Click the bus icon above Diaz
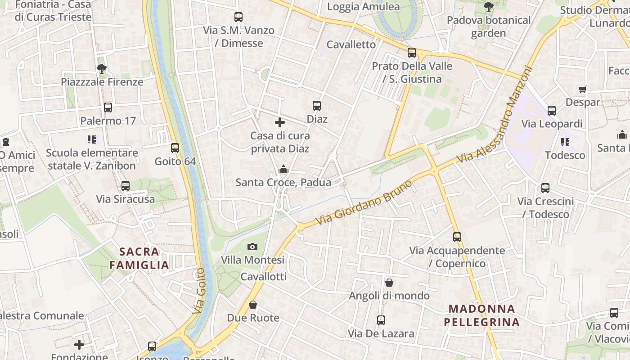(317, 106)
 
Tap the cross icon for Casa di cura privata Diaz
(280, 122)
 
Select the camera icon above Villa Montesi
(252, 247)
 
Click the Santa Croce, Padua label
(283, 182)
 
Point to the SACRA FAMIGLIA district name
(139, 258)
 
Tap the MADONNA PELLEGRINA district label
(481, 315)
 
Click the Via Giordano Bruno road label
(364, 203)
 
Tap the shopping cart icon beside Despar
(583, 89)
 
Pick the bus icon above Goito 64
(175, 148)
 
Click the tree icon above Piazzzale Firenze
(102, 69)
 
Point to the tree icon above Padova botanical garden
(488, 7)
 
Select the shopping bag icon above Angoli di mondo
(389, 283)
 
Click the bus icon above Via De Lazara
(381, 320)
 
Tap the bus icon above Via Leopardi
(552, 110)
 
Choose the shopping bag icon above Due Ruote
(253, 305)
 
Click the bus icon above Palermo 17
(108, 107)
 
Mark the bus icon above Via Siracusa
(126, 185)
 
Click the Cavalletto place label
(351, 45)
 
